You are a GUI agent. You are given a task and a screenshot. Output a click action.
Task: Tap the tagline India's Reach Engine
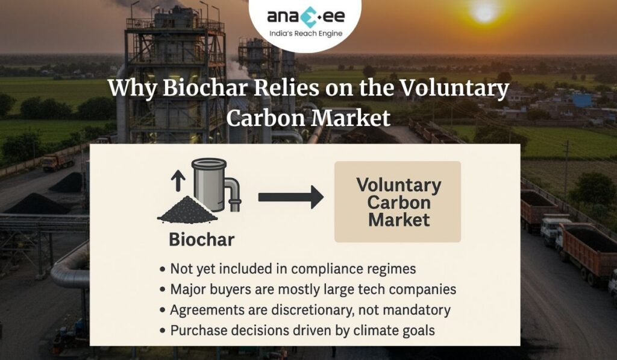tap(304, 34)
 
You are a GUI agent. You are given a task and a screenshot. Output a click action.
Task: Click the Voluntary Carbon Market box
tap(397, 202)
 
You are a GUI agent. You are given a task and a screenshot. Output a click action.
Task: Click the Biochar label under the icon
tap(201, 239)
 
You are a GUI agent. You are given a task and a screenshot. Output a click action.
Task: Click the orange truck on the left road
tap(57, 162)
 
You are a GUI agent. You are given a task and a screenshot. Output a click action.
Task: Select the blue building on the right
tap(581, 100)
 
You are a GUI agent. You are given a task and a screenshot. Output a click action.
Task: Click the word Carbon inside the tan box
tap(398, 203)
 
